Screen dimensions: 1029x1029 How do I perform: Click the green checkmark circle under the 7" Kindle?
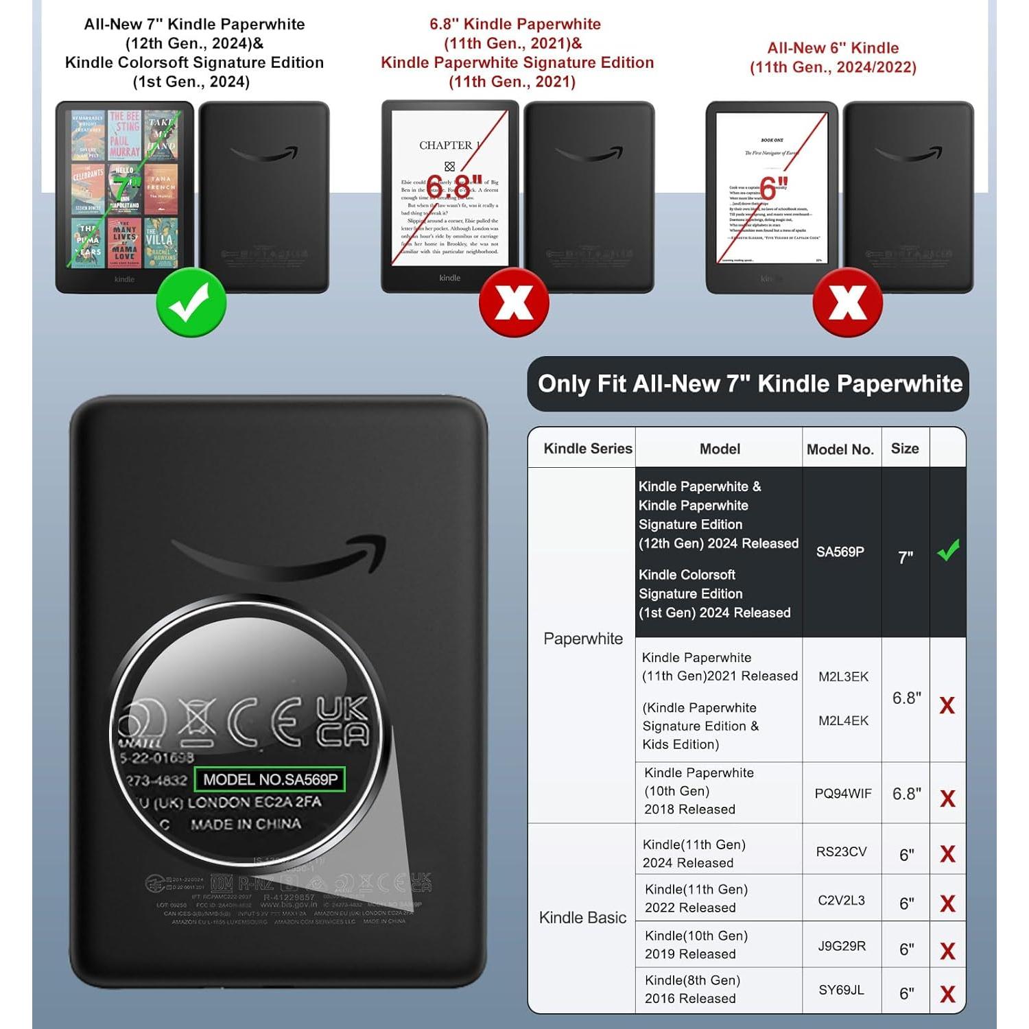tap(191, 302)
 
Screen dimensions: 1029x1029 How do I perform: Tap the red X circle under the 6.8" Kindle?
tap(514, 302)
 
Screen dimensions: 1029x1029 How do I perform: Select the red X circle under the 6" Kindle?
tap(847, 302)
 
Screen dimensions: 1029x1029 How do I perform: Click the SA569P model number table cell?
tap(840, 552)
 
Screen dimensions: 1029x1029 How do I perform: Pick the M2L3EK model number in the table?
tap(843, 677)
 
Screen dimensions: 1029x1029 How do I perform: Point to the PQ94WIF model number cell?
tap(843, 794)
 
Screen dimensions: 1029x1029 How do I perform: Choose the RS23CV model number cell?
tap(841, 852)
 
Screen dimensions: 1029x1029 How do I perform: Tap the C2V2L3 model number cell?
tap(841, 900)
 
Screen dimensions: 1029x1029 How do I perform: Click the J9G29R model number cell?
tap(842, 946)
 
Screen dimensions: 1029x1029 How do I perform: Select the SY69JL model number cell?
tap(841, 990)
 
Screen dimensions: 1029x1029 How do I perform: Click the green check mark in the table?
tap(948, 550)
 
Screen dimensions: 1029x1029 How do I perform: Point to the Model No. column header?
tap(840, 449)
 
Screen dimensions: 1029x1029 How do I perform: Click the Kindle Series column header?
tap(588, 449)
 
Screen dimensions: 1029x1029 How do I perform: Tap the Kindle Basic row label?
tap(582, 918)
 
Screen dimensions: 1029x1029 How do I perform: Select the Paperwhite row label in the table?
tap(583, 639)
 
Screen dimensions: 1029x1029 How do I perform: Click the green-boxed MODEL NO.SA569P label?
tap(270, 779)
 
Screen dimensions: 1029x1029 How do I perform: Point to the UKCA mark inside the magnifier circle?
tap(342, 722)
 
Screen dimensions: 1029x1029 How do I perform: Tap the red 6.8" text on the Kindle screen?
tap(453, 185)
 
